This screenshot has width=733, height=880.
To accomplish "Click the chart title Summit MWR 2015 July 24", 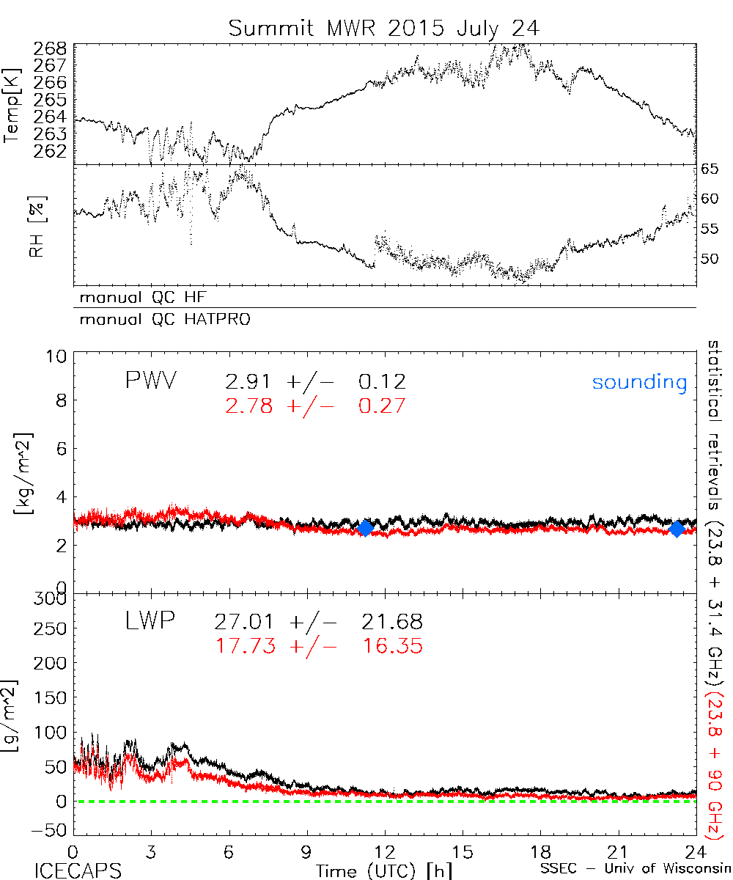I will click(x=383, y=28).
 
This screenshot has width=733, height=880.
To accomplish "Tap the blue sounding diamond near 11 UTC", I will click(x=365, y=527).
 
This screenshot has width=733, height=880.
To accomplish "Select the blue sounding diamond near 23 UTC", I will click(x=677, y=528).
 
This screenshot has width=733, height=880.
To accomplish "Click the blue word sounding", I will click(x=639, y=382).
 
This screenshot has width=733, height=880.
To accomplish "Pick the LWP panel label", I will click(x=150, y=622).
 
